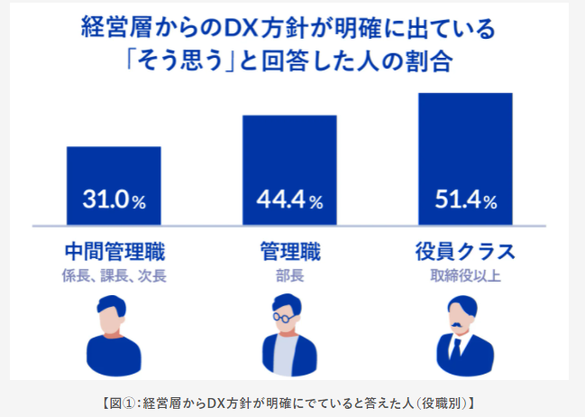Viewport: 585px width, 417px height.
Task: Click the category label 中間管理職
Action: point(114,250)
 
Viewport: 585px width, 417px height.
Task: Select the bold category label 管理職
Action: point(289,250)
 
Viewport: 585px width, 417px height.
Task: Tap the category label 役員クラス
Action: point(465,250)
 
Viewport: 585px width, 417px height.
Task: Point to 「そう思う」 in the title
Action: point(178,65)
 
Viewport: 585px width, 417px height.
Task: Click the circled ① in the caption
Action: point(132,400)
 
